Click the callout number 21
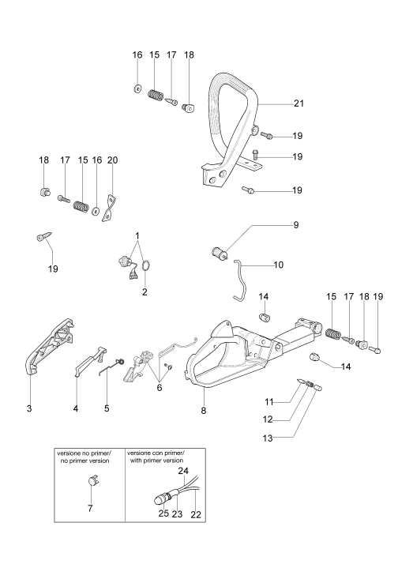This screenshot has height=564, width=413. [298, 103]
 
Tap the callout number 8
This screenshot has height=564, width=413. [204, 411]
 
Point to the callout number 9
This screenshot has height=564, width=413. [296, 225]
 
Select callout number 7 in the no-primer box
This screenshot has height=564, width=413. [90, 508]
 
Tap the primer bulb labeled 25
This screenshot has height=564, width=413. [159, 500]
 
